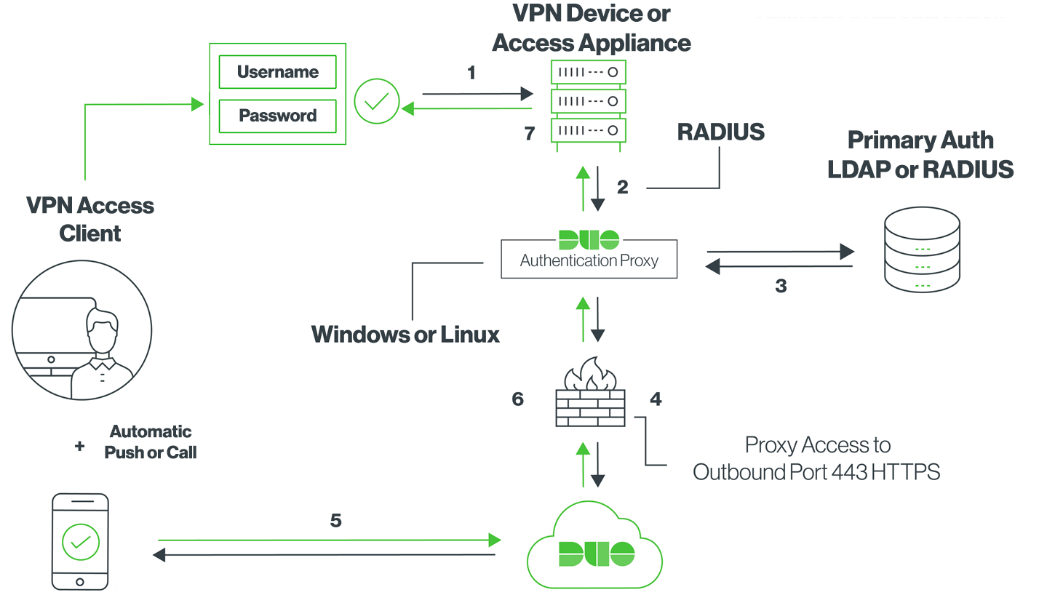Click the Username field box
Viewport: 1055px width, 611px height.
pos(278,72)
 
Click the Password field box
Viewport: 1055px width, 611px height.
pos(278,116)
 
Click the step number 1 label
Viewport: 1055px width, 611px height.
pos(471,73)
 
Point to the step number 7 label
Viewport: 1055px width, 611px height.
pos(530,133)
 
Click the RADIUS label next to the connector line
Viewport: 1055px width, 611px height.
pos(720,132)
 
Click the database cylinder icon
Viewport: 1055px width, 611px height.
pos(923,251)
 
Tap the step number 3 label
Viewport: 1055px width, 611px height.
pos(781,286)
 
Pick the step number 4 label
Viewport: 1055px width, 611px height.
pos(656,399)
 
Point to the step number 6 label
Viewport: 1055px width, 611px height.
pos(518,399)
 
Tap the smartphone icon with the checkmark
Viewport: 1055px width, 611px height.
pos(80,542)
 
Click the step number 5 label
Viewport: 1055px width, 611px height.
pos(335,520)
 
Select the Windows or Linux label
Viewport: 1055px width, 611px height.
pos(405,335)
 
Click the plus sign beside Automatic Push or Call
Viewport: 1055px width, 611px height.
pos(79,446)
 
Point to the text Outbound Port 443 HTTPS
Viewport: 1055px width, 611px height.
pos(816,472)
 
